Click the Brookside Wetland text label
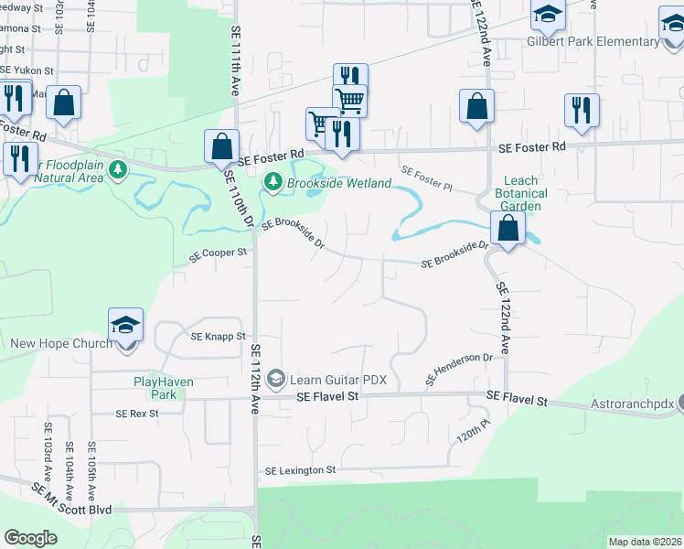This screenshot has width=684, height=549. tap(339, 183)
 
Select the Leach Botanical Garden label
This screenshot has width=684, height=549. tap(521, 193)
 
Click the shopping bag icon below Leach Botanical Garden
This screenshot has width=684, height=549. tap(508, 228)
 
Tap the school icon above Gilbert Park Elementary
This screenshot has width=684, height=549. tap(548, 14)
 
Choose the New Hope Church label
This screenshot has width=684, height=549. tap(61, 344)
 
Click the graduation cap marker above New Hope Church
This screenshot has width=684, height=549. tap(125, 325)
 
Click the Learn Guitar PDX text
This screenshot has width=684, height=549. tap(338, 380)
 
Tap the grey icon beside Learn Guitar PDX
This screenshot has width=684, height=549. tap(276, 380)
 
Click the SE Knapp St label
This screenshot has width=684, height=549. tap(219, 337)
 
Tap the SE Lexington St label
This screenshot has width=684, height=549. tap(301, 470)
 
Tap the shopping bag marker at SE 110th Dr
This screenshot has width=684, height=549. tap(223, 145)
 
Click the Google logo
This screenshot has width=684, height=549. tap(30, 538)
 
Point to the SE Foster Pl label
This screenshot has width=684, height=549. tap(426, 176)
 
